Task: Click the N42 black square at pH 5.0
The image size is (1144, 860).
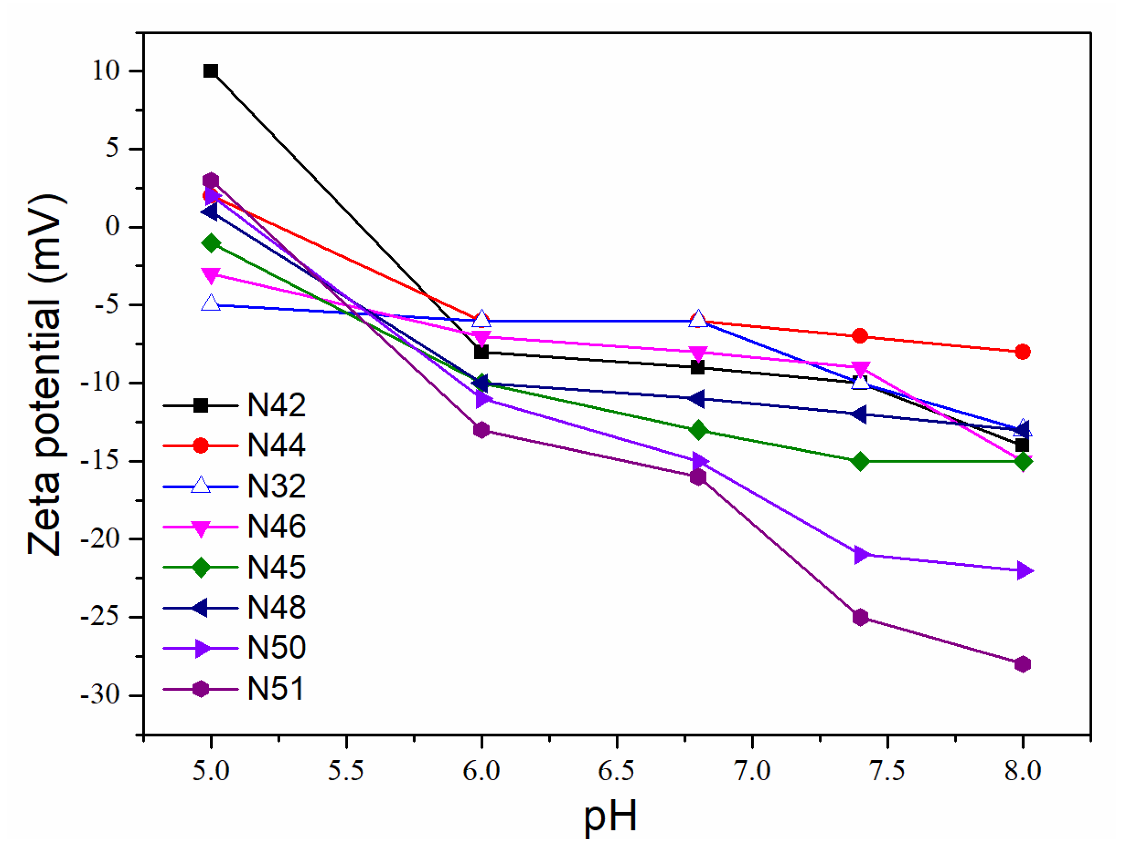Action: (211, 71)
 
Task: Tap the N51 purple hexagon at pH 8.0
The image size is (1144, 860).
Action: (1022, 664)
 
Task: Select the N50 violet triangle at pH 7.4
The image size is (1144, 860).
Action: (861, 555)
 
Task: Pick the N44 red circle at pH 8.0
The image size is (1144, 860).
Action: (1022, 352)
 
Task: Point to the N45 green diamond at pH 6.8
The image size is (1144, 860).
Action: (698, 430)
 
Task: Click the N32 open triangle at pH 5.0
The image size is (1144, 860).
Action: (211, 304)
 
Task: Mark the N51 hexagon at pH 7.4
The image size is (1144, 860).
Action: (860, 617)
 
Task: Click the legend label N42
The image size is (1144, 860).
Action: (276, 405)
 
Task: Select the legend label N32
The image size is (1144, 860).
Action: (276, 486)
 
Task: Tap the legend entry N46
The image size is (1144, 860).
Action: (276, 527)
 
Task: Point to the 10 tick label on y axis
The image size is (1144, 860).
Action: (106, 71)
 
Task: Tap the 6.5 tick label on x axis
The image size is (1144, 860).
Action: (616, 771)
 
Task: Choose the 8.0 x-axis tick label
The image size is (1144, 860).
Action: (1022, 771)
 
